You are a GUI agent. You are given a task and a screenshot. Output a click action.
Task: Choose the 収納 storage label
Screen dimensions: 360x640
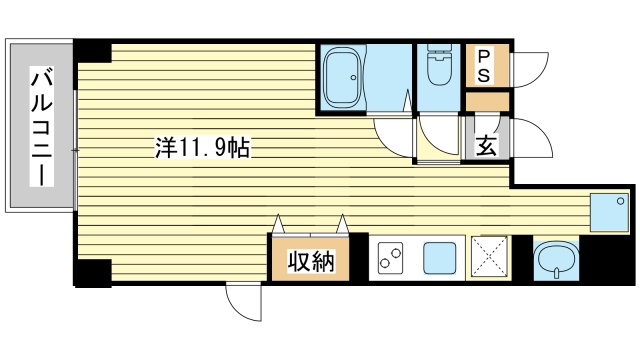coord(309,263)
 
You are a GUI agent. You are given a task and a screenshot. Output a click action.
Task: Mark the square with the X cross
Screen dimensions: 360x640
coord(490,259)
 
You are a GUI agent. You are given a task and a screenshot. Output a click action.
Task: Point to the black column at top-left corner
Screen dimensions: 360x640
coord(93,52)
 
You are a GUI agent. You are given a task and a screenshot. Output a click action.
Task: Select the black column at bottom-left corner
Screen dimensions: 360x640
coord(93,271)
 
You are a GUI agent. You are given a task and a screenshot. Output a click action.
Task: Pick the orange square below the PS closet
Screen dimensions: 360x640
coord(487,101)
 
